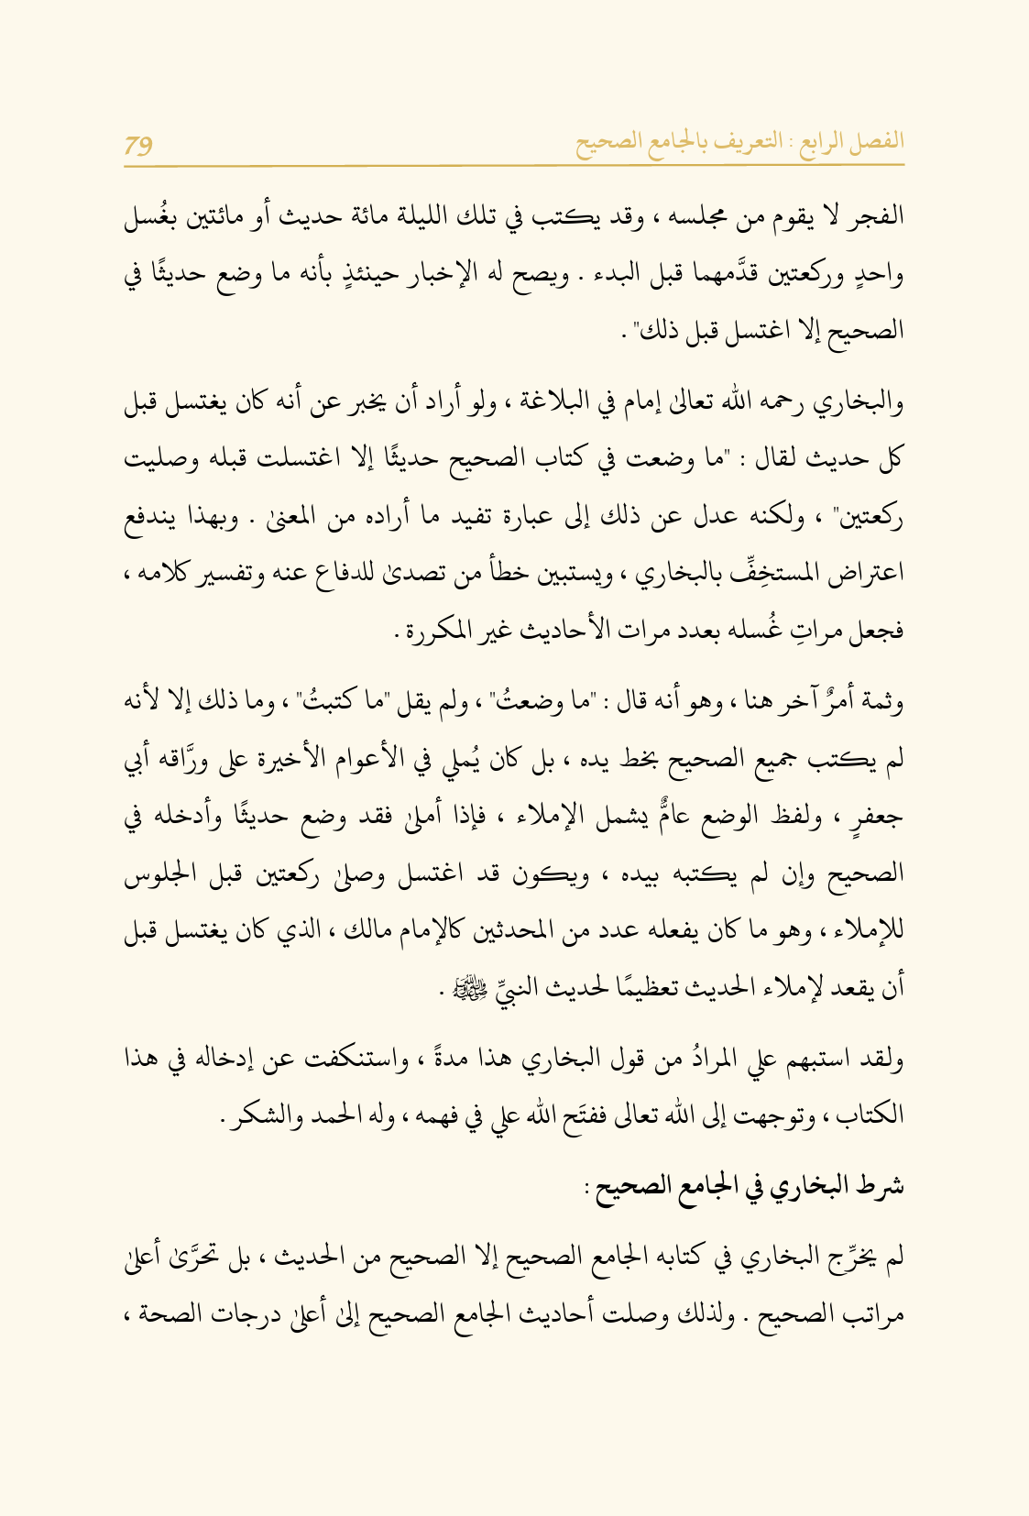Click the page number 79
pos(138,145)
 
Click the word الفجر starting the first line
pos(879,218)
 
